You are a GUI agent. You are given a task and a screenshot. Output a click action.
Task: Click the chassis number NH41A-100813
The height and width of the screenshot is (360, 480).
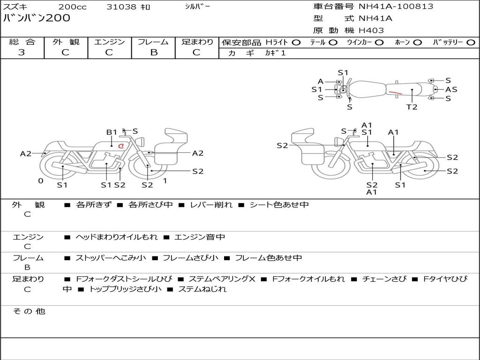(x=396, y=7)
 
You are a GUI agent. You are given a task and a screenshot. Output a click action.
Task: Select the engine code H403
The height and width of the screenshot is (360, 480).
(x=371, y=30)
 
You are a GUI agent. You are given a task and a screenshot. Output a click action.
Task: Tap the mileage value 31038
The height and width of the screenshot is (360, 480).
(x=121, y=7)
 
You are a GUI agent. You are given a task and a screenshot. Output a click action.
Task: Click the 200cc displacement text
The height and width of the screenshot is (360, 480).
(x=72, y=7)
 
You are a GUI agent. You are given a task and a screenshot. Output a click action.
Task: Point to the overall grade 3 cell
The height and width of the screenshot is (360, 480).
(x=22, y=52)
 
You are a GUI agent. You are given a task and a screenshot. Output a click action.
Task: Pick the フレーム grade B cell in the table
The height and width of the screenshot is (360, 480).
(x=153, y=52)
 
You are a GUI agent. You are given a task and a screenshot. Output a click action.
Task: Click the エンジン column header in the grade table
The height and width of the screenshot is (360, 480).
(x=109, y=42)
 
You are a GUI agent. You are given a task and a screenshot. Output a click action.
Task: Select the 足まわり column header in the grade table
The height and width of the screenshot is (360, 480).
(x=197, y=42)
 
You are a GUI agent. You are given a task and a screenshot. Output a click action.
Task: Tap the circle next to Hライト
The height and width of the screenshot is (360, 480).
(x=296, y=43)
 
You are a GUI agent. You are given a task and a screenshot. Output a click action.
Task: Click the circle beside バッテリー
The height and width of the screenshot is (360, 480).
(x=471, y=43)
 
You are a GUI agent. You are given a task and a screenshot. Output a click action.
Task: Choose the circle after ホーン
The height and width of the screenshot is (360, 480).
(x=417, y=43)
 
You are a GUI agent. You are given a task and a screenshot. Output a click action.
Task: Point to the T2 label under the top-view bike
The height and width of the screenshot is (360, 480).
(x=412, y=107)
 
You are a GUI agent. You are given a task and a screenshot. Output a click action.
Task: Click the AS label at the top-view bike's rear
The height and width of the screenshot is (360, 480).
(x=451, y=90)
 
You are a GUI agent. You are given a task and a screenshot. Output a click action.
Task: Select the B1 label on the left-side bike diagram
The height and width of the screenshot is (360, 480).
(x=112, y=132)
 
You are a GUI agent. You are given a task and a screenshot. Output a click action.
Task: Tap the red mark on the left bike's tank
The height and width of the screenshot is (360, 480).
(x=121, y=146)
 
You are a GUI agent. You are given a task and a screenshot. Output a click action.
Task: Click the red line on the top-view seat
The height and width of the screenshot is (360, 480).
(x=395, y=92)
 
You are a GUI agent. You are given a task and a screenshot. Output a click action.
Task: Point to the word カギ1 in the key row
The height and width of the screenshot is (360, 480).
(x=275, y=53)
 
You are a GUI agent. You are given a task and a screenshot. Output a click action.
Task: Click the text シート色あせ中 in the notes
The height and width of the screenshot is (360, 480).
(x=279, y=205)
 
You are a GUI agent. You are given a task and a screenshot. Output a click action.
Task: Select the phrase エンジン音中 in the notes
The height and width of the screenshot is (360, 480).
(x=199, y=237)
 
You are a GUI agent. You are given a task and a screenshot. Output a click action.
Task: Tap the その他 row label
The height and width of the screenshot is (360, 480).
(x=29, y=311)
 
